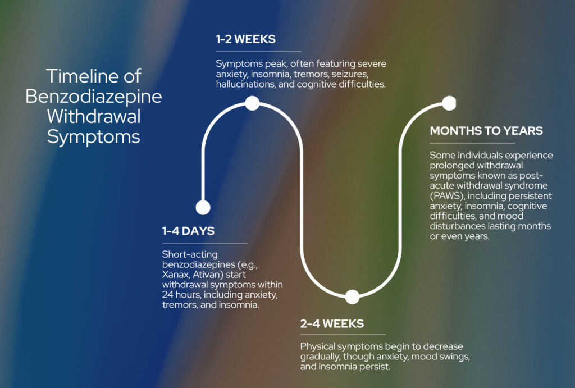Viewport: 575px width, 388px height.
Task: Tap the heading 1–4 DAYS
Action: click(x=188, y=231)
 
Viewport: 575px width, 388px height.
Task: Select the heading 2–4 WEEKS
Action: click(x=332, y=323)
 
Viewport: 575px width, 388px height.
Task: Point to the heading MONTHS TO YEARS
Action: click(x=486, y=131)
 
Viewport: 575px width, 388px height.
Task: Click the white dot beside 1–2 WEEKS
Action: click(x=252, y=103)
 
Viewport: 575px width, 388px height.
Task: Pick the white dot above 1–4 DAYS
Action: click(x=203, y=207)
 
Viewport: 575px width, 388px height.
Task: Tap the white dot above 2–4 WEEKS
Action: click(x=352, y=297)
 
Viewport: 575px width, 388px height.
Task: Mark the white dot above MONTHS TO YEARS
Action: click(x=449, y=103)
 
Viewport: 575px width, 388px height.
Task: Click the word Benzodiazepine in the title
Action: click(x=94, y=96)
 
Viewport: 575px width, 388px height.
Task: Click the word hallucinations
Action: click(x=244, y=84)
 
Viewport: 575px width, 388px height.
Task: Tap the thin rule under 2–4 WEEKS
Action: click(x=343, y=335)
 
